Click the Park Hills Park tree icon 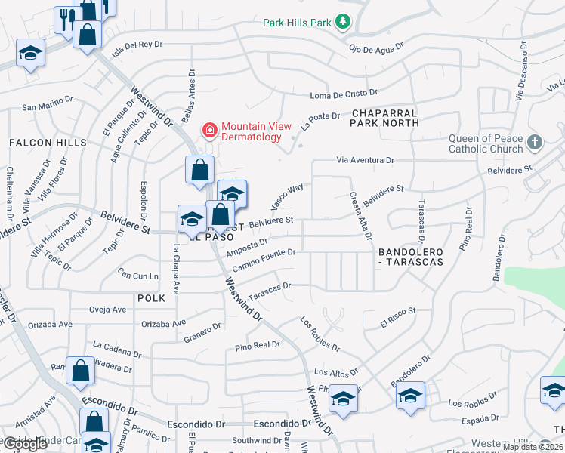pyautogui.click(x=344, y=22)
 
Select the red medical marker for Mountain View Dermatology pyautogui.click(x=208, y=131)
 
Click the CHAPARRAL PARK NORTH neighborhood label pyautogui.click(x=384, y=117)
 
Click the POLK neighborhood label pyautogui.click(x=151, y=298)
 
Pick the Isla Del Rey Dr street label pyautogui.click(x=137, y=47)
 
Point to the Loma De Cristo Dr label pyautogui.click(x=344, y=94)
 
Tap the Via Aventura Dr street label pyautogui.click(x=366, y=160)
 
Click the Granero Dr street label pyautogui.click(x=202, y=332)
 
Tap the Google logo pyautogui.click(x=25, y=444)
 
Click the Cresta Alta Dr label pyautogui.click(x=359, y=214)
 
